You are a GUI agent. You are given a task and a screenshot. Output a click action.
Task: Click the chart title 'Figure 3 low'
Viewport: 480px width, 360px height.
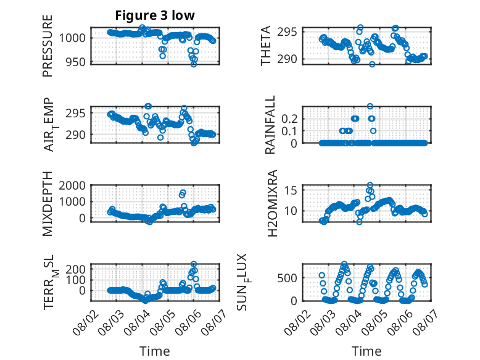click(x=155, y=15)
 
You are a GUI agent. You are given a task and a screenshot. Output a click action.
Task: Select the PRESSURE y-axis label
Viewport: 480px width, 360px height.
click(x=48, y=46)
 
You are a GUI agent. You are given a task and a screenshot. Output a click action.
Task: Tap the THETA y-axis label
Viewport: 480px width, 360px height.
click(x=266, y=46)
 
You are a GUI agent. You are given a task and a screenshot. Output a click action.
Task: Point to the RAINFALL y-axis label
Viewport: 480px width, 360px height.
click(x=270, y=125)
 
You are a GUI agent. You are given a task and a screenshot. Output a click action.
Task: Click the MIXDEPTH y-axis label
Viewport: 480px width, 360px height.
click(x=48, y=204)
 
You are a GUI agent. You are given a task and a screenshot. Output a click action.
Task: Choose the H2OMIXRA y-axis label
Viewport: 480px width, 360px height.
click(x=272, y=203)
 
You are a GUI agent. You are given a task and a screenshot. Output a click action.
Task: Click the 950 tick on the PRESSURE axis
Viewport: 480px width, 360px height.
click(x=75, y=62)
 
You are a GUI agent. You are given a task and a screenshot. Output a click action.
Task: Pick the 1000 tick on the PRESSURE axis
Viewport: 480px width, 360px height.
click(x=72, y=38)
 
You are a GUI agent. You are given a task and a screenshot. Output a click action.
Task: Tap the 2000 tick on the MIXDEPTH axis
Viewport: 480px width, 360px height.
click(x=72, y=185)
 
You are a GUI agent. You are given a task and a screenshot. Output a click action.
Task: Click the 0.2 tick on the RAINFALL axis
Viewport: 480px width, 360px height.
click(x=289, y=119)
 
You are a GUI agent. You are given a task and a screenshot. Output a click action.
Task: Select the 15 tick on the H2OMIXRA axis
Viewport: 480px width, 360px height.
click(x=291, y=190)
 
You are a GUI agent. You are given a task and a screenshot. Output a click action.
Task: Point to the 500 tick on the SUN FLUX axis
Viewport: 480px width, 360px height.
click(x=287, y=278)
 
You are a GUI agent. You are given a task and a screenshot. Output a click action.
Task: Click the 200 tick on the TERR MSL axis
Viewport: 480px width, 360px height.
click(x=75, y=269)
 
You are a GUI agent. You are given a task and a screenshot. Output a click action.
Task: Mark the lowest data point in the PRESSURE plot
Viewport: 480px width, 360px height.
click(x=194, y=64)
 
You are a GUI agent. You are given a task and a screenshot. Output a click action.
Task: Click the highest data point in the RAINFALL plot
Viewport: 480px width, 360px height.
click(x=370, y=106)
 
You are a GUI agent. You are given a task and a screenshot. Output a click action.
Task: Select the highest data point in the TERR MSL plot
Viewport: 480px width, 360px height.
click(x=194, y=264)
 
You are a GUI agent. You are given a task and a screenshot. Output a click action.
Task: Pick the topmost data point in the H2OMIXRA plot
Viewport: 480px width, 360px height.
click(x=370, y=185)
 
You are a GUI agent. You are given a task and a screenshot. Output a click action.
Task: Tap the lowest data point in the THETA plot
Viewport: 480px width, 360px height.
click(x=372, y=64)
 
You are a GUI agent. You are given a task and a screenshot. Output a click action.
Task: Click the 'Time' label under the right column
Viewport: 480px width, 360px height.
click(x=366, y=351)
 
